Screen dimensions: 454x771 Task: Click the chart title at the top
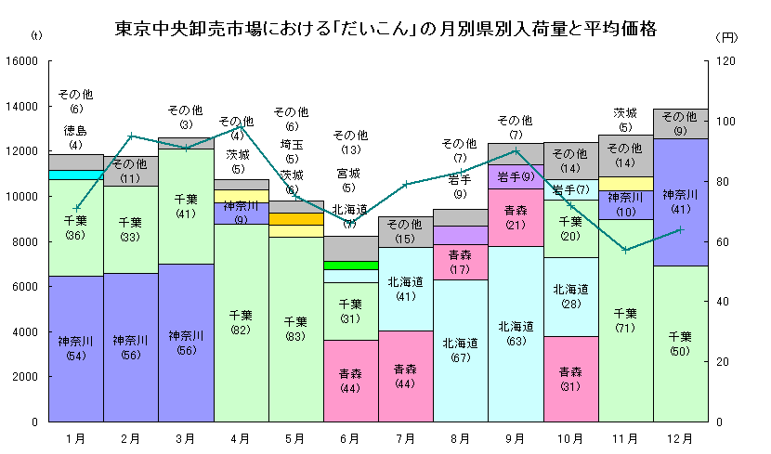[x=385, y=29]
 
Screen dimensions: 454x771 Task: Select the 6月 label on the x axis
[x=351, y=436]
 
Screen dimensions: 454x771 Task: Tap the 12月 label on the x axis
[x=681, y=436]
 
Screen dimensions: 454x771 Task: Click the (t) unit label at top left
[x=35, y=36]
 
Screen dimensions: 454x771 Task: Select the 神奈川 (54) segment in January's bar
[x=75, y=348]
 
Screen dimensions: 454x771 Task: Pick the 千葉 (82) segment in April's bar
[x=242, y=323]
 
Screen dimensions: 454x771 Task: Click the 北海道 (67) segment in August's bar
[x=461, y=350]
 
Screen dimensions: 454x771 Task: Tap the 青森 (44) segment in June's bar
[x=351, y=381]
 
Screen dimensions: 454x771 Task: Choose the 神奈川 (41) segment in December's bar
[x=681, y=201]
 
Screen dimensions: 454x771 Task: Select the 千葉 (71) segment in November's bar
[x=626, y=320]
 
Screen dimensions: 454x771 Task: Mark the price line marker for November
[x=626, y=250]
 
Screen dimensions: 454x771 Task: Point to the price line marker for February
[x=131, y=136]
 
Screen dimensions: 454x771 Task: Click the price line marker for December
[x=681, y=229]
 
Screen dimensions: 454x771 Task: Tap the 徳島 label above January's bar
[x=75, y=130]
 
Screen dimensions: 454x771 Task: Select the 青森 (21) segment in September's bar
[x=516, y=217]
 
